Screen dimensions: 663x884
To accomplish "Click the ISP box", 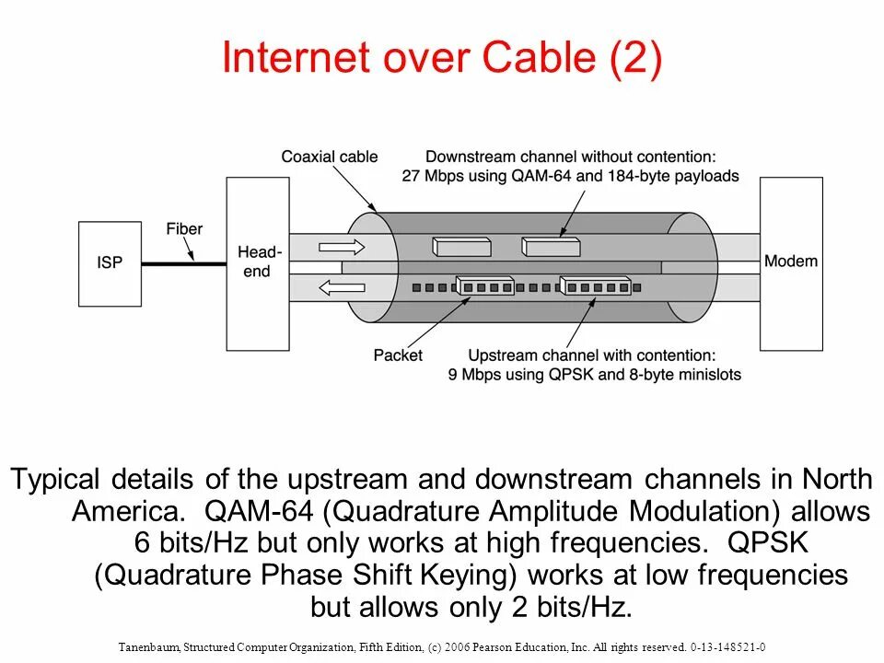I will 110,263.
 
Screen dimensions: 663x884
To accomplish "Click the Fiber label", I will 184,228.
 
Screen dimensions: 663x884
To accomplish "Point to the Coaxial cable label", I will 330,157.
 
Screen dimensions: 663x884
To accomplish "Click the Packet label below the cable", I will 398,355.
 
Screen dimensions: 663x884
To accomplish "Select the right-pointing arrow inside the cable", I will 342,247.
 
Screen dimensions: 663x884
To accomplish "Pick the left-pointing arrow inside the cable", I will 342,287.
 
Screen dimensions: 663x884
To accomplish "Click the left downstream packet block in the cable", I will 463,246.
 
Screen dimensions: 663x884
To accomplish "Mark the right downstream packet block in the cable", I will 551,246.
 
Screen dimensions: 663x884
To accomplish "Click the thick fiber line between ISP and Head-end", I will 183,263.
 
